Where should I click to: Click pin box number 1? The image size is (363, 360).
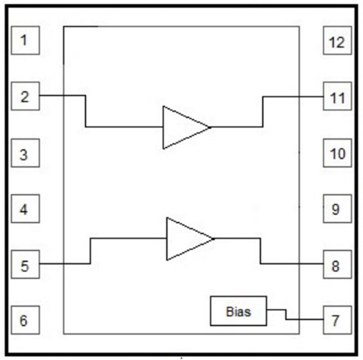tap(25, 41)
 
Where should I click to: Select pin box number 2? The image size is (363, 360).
tap(25, 97)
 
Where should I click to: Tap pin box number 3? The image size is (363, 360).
tap(25, 154)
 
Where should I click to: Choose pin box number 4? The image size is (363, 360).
tap(25, 210)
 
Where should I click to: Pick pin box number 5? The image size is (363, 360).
tap(25, 265)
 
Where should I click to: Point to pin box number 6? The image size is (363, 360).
tap(25, 320)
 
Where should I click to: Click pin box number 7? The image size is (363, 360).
tap(336, 321)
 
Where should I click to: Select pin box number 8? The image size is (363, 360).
tap(336, 265)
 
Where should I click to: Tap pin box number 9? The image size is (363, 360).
tap(336, 210)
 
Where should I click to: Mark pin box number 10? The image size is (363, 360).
tap(336, 154)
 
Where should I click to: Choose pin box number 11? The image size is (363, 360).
tap(336, 97)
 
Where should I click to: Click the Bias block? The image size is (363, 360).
tap(238, 312)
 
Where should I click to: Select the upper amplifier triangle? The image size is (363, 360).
tap(181, 128)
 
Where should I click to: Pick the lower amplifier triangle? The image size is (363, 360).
tap(185, 239)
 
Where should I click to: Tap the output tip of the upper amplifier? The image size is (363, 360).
tap(209, 128)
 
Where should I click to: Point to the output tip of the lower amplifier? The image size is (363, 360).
tap(213, 239)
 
